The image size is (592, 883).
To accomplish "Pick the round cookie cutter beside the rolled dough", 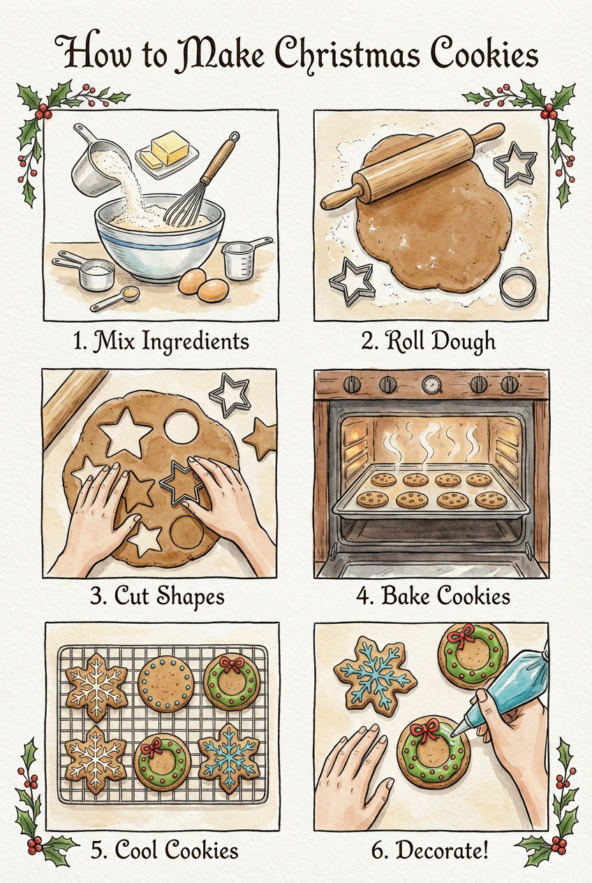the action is [518, 286].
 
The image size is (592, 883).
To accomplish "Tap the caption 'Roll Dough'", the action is [429, 342].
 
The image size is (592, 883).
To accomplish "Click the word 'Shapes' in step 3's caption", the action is [190, 597].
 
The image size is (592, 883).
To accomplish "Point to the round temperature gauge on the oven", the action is [431, 385].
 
